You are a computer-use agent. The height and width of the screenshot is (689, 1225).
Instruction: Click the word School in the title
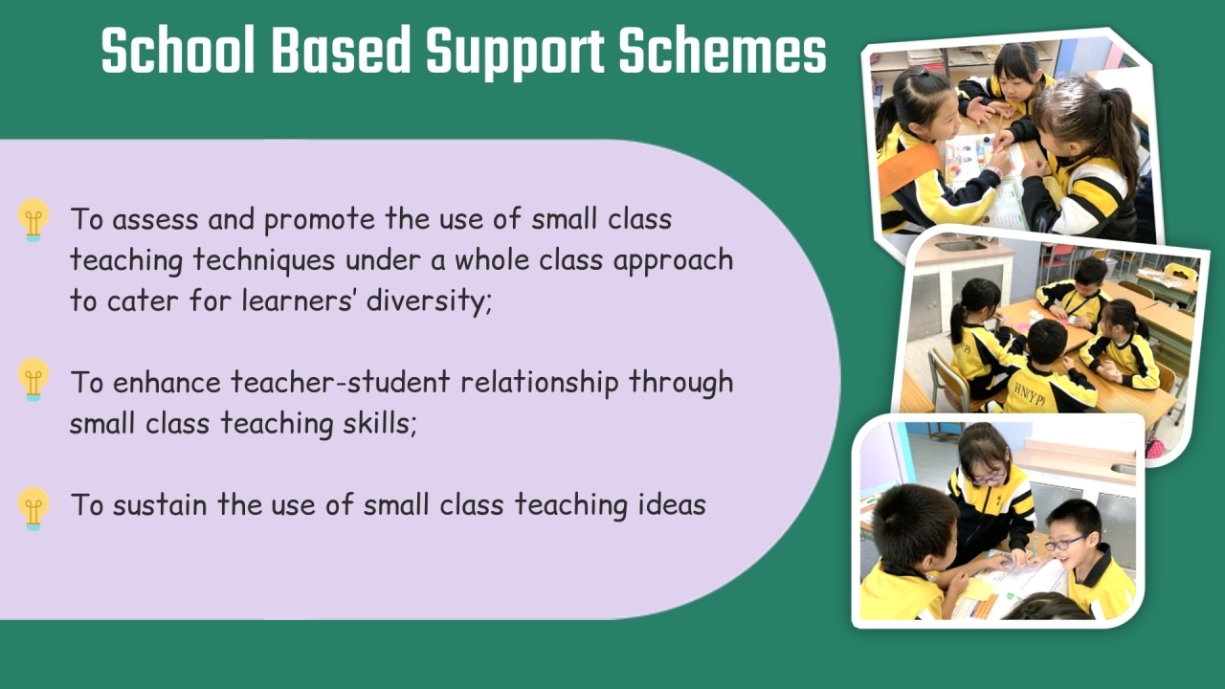click(178, 51)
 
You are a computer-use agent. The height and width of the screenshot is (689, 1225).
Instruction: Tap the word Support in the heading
click(515, 52)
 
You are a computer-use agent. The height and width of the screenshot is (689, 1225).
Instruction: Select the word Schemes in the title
click(723, 51)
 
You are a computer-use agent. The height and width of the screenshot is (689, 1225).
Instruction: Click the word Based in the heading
click(341, 51)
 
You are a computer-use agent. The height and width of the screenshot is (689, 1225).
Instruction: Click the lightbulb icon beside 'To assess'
click(33, 220)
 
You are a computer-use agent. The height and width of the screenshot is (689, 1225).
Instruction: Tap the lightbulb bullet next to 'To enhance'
click(33, 380)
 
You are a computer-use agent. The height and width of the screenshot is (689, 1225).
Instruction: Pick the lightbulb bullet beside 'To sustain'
click(33, 508)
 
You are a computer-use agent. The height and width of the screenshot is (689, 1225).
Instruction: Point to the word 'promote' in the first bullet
click(320, 220)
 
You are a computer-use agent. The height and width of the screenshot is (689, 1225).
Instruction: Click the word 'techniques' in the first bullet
click(263, 260)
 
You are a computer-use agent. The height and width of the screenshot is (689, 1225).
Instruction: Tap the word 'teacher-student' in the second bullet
click(340, 382)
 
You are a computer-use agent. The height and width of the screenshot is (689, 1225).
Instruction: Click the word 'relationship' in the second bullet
click(539, 383)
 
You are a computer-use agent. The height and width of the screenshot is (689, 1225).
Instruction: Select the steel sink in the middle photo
click(961, 246)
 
